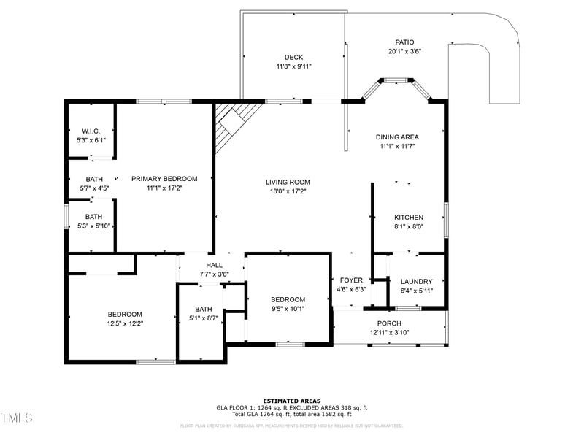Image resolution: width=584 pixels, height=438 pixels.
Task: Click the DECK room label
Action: click(x=293, y=57)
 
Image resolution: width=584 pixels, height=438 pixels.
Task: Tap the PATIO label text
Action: click(x=404, y=42)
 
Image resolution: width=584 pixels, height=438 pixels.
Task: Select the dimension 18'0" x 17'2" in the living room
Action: click(x=288, y=191)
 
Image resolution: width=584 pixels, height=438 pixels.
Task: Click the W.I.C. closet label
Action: click(x=91, y=131)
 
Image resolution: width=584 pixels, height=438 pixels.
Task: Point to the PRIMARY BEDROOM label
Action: click(x=164, y=178)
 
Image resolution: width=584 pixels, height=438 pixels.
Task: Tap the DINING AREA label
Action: click(x=397, y=137)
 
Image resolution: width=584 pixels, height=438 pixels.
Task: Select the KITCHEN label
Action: click(x=409, y=218)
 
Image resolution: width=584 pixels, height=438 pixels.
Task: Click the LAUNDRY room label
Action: click(x=416, y=282)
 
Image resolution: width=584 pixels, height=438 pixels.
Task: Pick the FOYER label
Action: click(x=351, y=280)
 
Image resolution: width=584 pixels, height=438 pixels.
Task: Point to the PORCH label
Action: click(x=388, y=323)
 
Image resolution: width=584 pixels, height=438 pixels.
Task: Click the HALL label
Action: click(x=214, y=265)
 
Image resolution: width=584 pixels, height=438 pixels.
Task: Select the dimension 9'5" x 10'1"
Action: click(x=288, y=309)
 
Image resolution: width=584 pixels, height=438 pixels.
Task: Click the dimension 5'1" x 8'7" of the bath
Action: click(x=203, y=318)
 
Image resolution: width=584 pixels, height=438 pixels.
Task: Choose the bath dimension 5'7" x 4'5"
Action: click(x=94, y=188)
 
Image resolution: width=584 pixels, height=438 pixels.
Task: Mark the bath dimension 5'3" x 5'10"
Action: click(x=94, y=226)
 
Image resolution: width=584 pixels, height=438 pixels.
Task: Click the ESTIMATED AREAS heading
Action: click(x=291, y=401)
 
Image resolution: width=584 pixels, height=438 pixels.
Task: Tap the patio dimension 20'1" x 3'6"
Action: click(x=404, y=51)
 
